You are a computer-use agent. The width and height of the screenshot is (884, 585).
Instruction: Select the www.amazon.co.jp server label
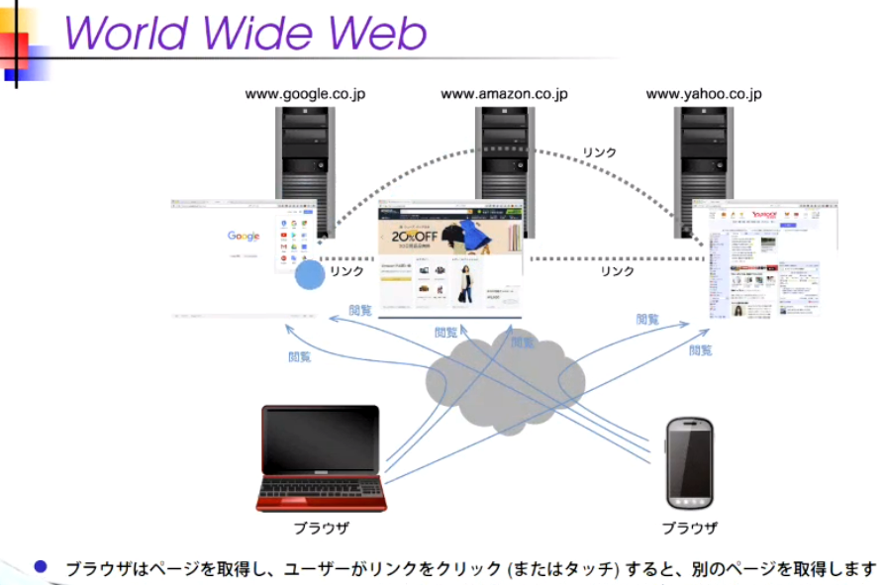click(x=504, y=94)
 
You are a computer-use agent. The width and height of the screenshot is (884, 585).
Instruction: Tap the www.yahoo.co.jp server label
click(x=704, y=94)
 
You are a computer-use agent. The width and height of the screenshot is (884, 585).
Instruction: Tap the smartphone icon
click(x=690, y=463)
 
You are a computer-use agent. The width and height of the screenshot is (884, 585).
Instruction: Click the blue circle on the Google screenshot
click(x=310, y=274)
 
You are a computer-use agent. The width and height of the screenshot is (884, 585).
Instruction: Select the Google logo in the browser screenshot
click(x=244, y=236)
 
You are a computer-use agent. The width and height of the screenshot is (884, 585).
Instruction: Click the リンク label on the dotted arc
click(x=599, y=152)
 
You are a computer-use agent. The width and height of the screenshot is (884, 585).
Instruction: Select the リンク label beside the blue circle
click(x=346, y=270)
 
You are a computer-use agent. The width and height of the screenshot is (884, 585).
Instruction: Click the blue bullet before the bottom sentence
click(x=40, y=567)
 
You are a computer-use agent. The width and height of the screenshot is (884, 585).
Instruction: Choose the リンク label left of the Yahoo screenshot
click(x=617, y=270)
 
